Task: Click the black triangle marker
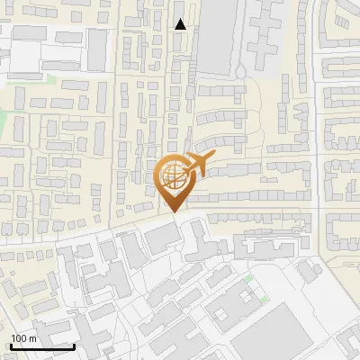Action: [x=181, y=24]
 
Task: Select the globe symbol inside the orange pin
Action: [x=172, y=175]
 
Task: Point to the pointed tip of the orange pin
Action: [x=172, y=212]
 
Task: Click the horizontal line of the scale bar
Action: [x=42, y=346]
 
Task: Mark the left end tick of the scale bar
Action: [x=11, y=345]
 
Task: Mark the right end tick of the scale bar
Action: [x=75, y=345]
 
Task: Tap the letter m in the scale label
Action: [x=33, y=337]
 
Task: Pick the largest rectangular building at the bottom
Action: [x=274, y=328]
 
